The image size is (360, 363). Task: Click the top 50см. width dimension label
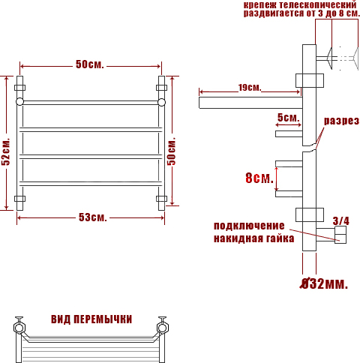(x=90, y=64)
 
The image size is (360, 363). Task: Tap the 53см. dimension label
(x=93, y=217)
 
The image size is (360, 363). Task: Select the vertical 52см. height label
(x=6, y=151)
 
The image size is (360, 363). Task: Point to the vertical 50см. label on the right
(x=172, y=151)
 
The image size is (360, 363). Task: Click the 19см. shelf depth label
(x=250, y=88)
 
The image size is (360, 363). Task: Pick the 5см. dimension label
(x=288, y=117)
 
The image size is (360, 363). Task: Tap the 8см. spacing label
(x=259, y=178)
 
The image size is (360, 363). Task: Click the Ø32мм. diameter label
(x=324, y=283)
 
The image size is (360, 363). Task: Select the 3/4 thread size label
(x=341, y=220)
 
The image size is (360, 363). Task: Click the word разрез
(x=341, y=121)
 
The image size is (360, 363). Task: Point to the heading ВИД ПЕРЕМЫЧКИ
(x=91, y=319)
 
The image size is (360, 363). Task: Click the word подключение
(x=249, y=226)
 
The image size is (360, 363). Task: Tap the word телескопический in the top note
(x=318, y=4)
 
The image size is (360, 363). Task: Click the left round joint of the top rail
(x=19, y=102)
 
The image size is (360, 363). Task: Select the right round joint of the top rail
(x=161, y=102)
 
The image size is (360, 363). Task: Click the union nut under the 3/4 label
(x=340, y=235)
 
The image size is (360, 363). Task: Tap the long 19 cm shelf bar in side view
(x=250, y=103)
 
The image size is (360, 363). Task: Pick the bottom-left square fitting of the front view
(x=19, y=199)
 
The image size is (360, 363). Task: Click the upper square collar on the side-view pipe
(x=310, y=80)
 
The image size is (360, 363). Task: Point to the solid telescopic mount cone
(x=329, y=58)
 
